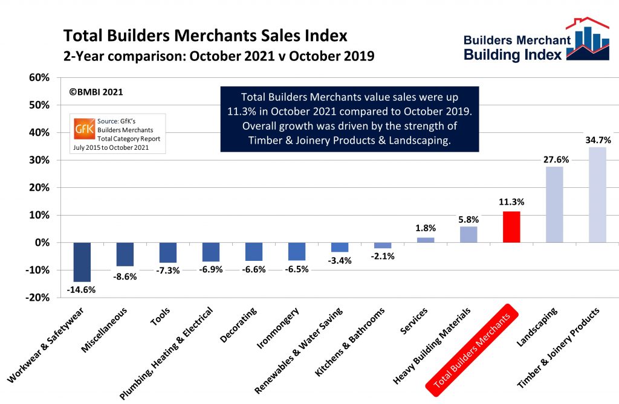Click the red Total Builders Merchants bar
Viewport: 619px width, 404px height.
click(x=511, y=227)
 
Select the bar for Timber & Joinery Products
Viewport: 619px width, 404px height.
click(x=597, y=195)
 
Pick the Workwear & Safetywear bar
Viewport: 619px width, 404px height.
click(x=82, y=262)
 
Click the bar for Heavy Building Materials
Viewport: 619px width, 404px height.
click(x=468, y=234)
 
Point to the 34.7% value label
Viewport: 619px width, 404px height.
click(x=597, y=140)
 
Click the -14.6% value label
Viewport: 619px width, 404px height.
click(x=82, y=289)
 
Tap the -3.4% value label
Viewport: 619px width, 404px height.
click(x=340, y=260)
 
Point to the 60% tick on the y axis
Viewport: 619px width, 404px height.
click(x=39, y=78)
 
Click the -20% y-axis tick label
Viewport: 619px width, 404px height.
click(x=37, y=298)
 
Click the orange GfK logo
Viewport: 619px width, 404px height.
click(x=84, y=129)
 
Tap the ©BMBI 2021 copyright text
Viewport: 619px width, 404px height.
click(x=97, y=92)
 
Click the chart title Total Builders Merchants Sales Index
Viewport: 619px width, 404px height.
click(x=206, y=35)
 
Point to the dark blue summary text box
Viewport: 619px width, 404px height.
click(x=349, y=118)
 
